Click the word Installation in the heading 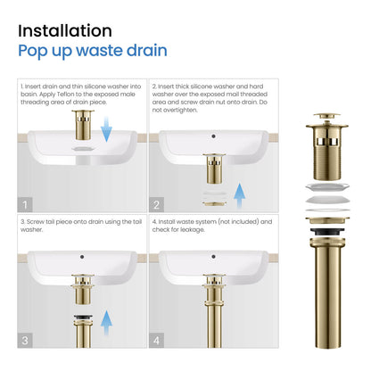(x=65, y=31)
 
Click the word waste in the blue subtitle (x=99, y=51)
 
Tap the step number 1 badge (x=25, y=204)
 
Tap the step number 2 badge (x=156, y=204)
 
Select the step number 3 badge (x=25, y=340)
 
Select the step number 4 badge (x=156, y=340)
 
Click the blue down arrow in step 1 (x=106, y=129)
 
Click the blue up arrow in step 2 (x=239, y=195)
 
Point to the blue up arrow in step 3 (x=106, y=323)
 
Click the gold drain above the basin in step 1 (x=83, y=125)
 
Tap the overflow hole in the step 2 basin (x=213, y=136)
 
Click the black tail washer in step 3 (x=83, y=317)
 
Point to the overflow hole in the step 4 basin (x=213, y=257)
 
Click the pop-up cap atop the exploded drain (x=326, y=116)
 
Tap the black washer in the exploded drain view (x=327, y=232)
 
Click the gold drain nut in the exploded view (x=327, y=220)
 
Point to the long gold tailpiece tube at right (x=327, y=293)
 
